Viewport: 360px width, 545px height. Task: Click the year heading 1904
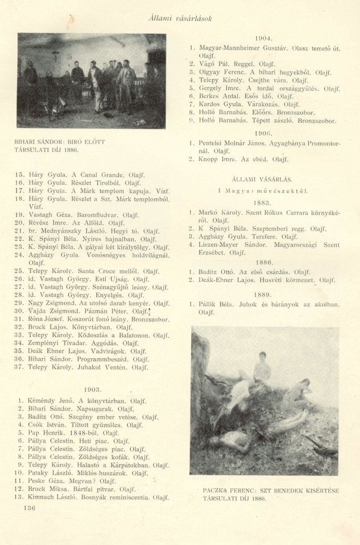[x=263, y=38]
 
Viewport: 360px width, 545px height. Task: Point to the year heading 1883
[x=263, y=202]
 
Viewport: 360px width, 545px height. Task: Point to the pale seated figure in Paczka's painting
[x=262, y=367]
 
